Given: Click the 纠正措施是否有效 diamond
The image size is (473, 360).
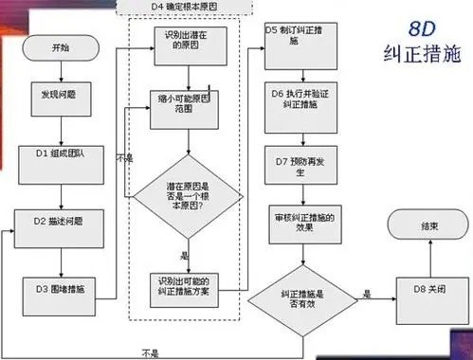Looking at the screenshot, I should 303,296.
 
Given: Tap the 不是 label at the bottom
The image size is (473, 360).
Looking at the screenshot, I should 150,352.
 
